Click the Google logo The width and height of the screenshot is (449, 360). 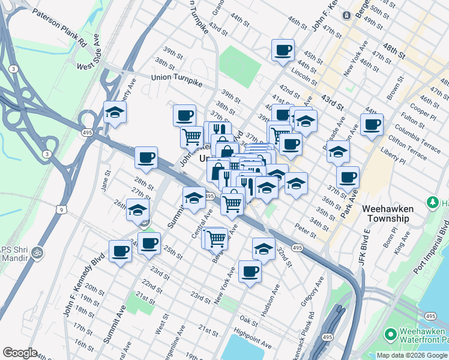pyautogui.click(x=20, y=353)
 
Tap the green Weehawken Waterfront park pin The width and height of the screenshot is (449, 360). pyautogui.click(x=390, y=333)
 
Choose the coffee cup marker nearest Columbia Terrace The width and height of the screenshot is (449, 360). pyautogui.click(x=372, y=125)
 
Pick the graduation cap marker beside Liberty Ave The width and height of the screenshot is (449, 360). pyautogui.click(x=115, y=112)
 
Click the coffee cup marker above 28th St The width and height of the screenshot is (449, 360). pyautogui.click(x=146, y=158)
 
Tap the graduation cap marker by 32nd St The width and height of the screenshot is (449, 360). pyautogui.click(x=264, y=248)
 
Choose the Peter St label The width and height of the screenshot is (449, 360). pyautogui.click(x=306, y=230)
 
